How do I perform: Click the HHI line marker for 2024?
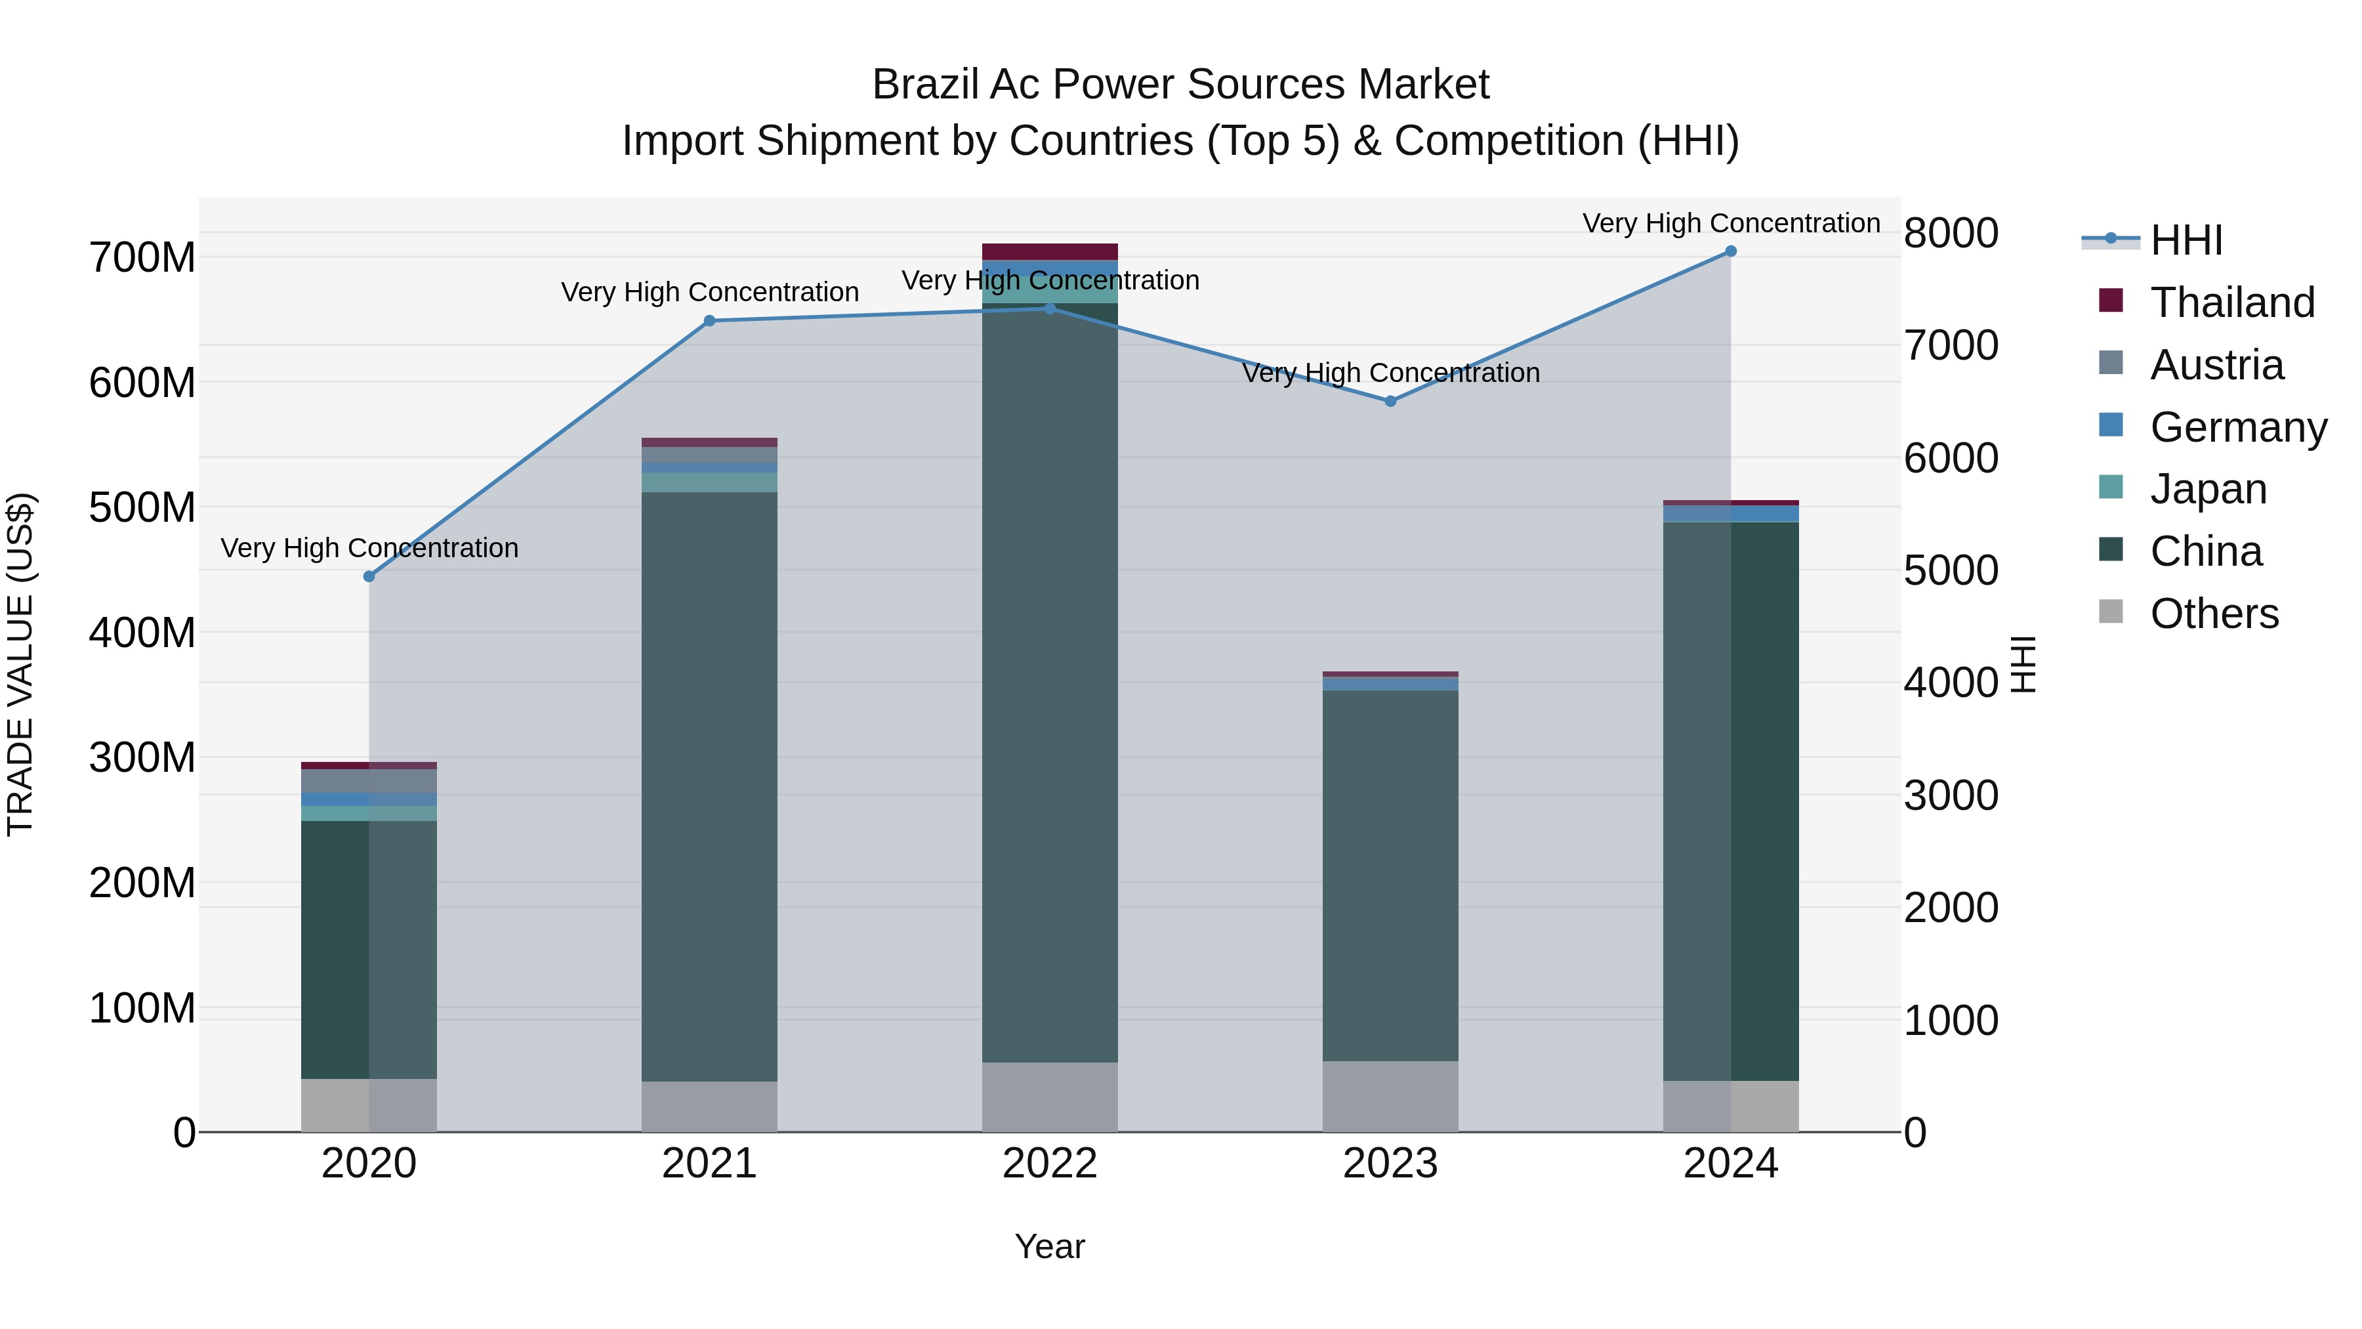(1730, 251)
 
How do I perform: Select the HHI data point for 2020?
(369, 577)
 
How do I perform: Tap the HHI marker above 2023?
(1390, 402)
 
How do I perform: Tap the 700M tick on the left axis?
(142, 258)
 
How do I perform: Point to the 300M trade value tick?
(142, 757)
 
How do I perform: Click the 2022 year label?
(1050, 1164)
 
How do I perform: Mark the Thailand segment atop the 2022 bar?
(1050, 252)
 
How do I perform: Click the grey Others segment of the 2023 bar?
(1390, 1096)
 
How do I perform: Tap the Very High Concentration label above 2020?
(369, 549)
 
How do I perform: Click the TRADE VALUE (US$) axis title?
(20, 664)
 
